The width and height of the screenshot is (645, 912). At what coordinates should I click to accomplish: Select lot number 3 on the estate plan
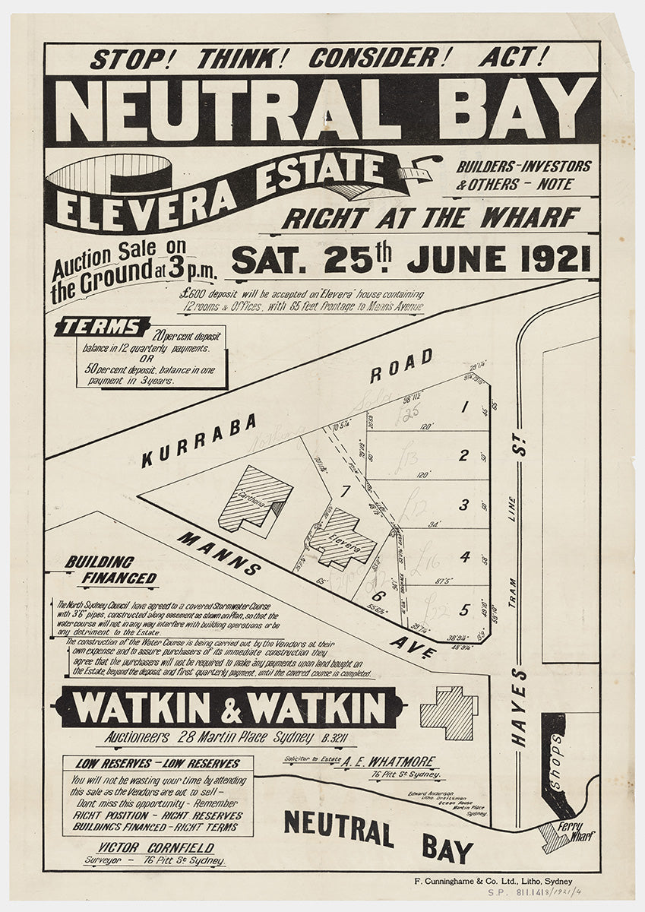pos(463,505)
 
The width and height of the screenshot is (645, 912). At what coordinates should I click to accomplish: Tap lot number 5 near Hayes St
pos(463,608)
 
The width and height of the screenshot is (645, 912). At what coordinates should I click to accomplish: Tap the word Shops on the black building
pos(555,752)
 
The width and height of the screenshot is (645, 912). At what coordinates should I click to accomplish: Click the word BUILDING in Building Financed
pos(99,562)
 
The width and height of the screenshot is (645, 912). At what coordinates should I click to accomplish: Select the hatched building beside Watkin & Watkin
pos(449,712)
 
